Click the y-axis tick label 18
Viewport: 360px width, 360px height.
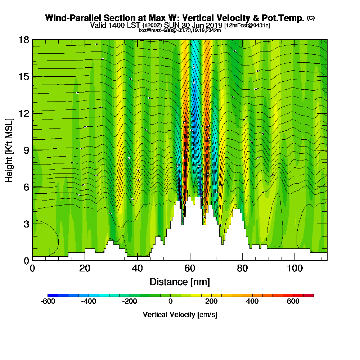(24, 40)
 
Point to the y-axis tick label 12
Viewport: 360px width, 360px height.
(24, 113)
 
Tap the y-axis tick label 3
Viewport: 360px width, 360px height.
(26, 224)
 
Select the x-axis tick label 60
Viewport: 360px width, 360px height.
(190, 268)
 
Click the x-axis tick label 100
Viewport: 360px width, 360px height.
(294, 268)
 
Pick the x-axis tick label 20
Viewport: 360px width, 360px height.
(85, 268)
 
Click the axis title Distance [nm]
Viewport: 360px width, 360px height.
(180, 282)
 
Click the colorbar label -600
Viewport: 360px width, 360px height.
(48, 301)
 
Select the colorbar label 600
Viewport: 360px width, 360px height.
(293, 301)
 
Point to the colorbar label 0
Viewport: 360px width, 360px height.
(170, 301)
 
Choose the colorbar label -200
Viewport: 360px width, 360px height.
(130, 301)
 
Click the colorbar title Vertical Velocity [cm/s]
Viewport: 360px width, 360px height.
(180, 315)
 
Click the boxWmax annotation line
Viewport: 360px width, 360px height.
(180, 30)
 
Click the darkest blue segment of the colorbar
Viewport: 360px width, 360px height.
(50, 295)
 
